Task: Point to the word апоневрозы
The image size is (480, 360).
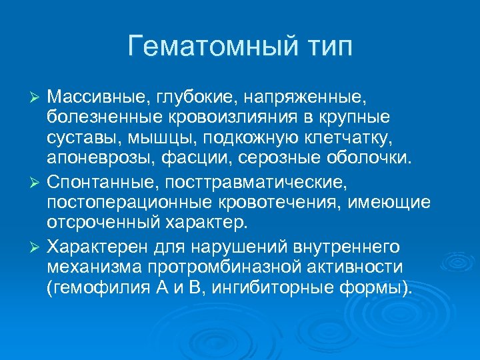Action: (93, 160)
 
